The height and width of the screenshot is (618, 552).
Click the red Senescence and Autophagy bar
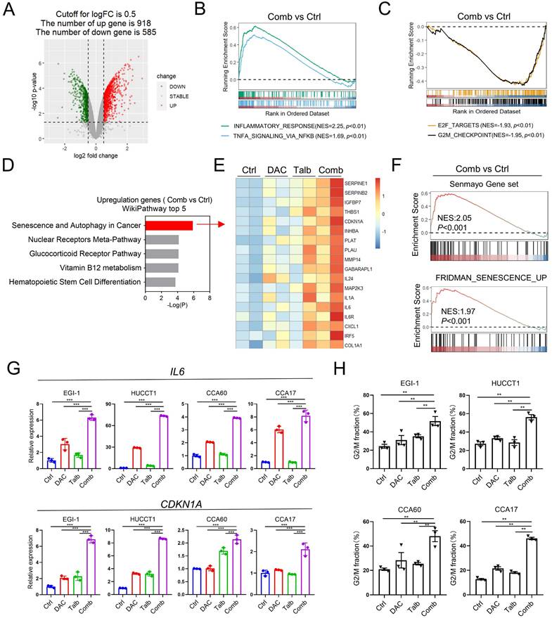click(169, 225)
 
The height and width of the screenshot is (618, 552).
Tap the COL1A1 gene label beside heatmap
click(355, 344)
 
